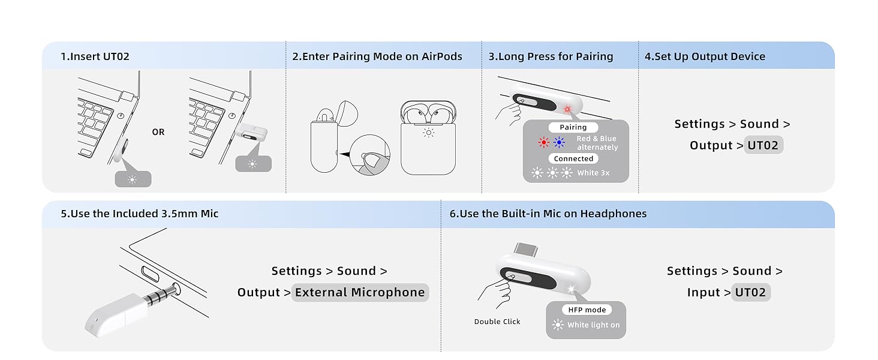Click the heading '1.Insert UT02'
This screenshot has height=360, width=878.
coord(95,56)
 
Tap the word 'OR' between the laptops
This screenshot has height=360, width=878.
coord(158,132)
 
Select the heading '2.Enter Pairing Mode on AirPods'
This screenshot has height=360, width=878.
coord(377,56)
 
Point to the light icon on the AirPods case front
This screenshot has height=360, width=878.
coord(428,133)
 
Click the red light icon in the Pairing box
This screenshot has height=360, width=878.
coord(543,143)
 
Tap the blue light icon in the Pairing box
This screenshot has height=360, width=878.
coord(560,143)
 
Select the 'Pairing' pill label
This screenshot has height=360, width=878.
coord(573,127)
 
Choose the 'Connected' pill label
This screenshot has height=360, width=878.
coord(573,159)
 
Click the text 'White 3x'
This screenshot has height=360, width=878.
coord(593,173)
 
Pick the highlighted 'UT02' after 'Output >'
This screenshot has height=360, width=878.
coord(763,145)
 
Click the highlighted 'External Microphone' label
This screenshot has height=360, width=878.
coord(360,292)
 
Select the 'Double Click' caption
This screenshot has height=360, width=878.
coord(497,322)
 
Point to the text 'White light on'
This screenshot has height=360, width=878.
coord(594,325)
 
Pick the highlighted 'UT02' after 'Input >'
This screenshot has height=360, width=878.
coord(750,292)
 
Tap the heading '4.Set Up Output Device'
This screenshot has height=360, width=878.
coord(705,56)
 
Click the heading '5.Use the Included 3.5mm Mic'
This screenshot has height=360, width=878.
coord(139,214)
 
